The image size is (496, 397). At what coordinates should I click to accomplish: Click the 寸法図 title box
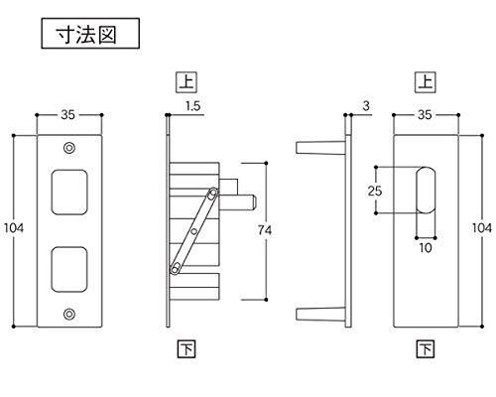tap(90, 34)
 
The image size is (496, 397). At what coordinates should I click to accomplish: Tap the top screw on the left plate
tap(68, 148)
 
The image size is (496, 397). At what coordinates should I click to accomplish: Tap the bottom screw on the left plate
tap(68, 314)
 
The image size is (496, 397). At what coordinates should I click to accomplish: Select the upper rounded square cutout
tap(69, 193)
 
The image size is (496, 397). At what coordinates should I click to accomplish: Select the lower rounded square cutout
tap(69, 269)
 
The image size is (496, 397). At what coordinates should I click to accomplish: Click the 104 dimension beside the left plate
tap(14, 228)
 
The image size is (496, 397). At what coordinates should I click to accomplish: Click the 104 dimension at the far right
tap(482, 228)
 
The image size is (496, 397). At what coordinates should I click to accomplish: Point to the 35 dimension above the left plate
tap(67, 115)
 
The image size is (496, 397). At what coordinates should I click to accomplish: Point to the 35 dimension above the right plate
tap(425, 115)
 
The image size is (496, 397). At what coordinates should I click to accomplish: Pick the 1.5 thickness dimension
tap(193, 106)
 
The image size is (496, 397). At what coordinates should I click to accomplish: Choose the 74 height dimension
tap(265, 230)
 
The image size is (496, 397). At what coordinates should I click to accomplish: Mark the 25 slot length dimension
tap(375, 191)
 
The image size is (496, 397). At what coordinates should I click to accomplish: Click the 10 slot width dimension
tap(426, 248)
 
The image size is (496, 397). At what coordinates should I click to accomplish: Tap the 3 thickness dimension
tap(366, 106)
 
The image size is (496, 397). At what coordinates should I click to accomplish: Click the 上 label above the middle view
tap(186, 82)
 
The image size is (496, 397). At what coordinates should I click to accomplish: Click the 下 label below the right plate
tap(426, 348)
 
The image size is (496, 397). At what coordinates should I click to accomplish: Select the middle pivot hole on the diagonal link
tap(194, 231)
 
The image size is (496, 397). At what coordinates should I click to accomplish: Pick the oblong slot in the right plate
tap(426, 191)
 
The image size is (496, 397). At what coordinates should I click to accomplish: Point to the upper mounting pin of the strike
tap(320, 148)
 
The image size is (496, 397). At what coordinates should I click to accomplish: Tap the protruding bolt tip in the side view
tap(254, 202)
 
